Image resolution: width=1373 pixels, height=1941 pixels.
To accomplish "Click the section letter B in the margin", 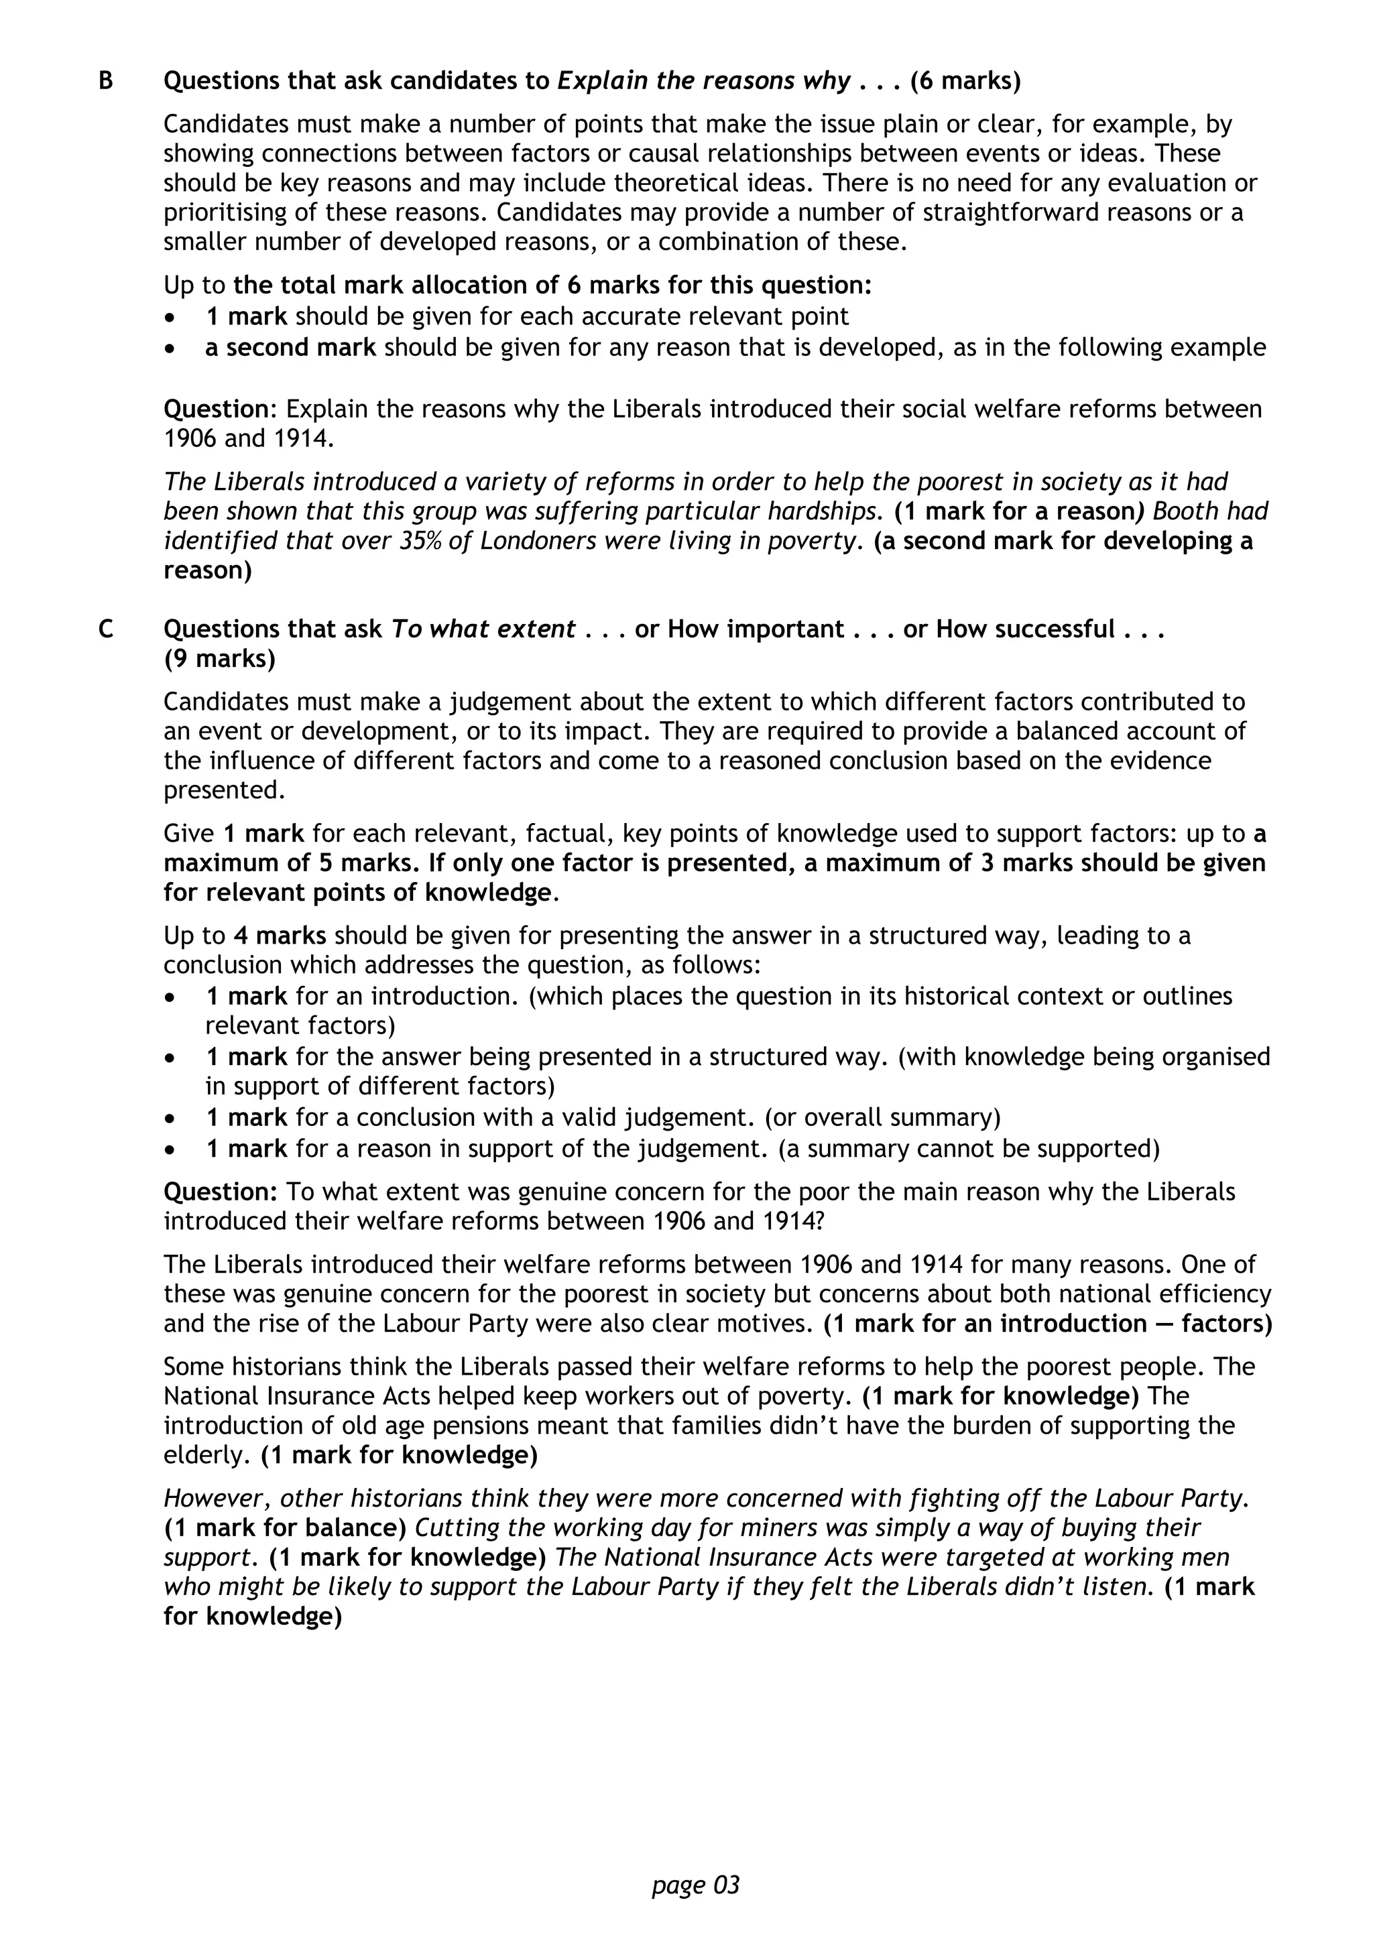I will coord(106,81).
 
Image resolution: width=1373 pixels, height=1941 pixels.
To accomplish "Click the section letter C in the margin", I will coord(106,630).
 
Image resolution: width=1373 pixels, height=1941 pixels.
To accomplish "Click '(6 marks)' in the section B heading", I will coord(965,81).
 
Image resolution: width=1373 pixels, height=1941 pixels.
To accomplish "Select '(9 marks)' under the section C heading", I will coord(220,660).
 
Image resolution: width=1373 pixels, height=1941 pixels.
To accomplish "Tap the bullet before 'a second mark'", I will coord(172,349).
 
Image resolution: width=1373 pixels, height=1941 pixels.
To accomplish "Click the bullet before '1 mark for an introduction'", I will coord(172,997).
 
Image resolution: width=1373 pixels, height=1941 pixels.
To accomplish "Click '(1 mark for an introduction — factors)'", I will coord(1047,1323).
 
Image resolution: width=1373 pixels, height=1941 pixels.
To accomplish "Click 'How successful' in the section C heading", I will coord(1024,630).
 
